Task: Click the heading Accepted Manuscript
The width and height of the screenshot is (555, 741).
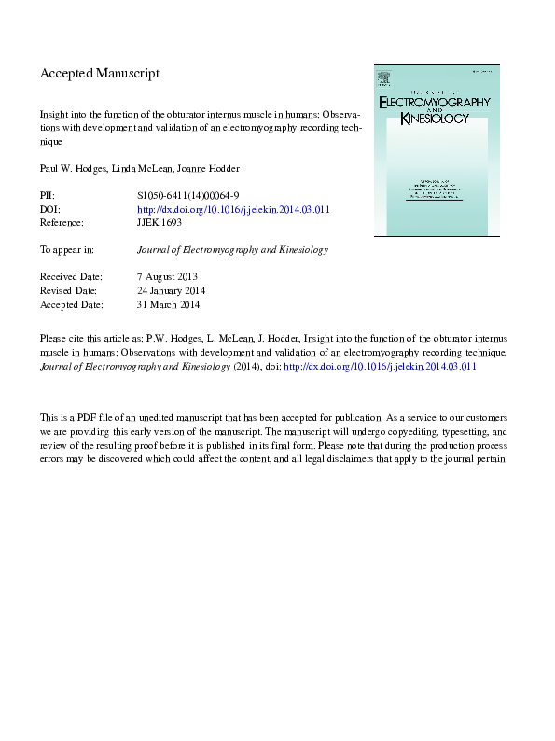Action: pyautogui.click(x=100, y=73)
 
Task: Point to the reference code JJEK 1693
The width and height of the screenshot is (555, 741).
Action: pyautogui.click(x=160, y=223)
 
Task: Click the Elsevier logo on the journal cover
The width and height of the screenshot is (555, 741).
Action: pyautogui.click(x=382, y=78)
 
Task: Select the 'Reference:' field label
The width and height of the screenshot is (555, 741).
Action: pyautogui.click(x=62, y=223)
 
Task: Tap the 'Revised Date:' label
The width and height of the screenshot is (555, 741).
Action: pyautogui.click(x=69, y=290)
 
